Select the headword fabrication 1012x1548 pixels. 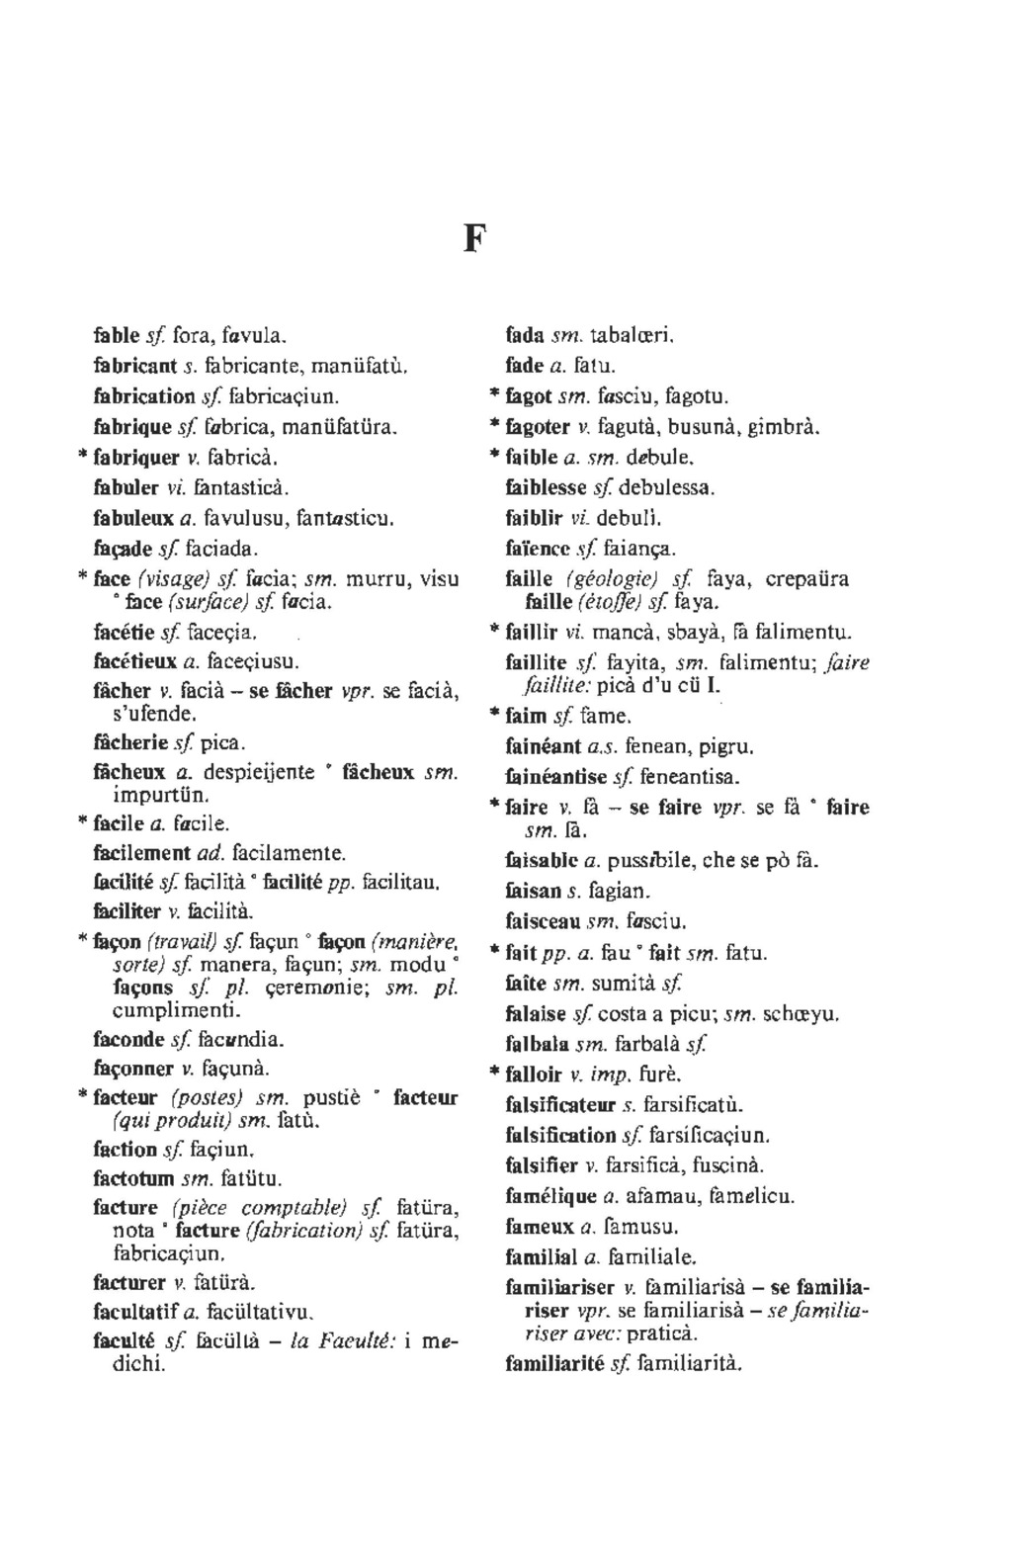click(143, 396)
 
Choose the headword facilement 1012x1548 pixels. click(142, 851)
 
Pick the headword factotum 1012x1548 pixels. click(132, 1178)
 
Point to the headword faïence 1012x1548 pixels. click(538, 548)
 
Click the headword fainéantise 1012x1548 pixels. click(553, 777)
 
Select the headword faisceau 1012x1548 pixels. click(542, 922)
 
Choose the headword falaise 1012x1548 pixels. click(535, 1014)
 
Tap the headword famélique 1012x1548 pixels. click(548, 1197)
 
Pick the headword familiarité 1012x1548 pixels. click(554, 1365)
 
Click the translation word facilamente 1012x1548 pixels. click(296, 851)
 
